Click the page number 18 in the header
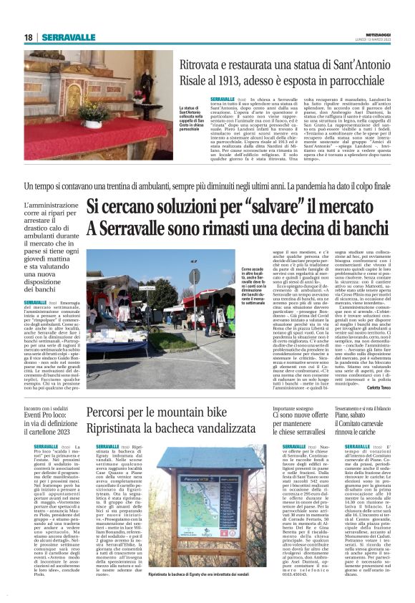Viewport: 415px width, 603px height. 29,37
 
